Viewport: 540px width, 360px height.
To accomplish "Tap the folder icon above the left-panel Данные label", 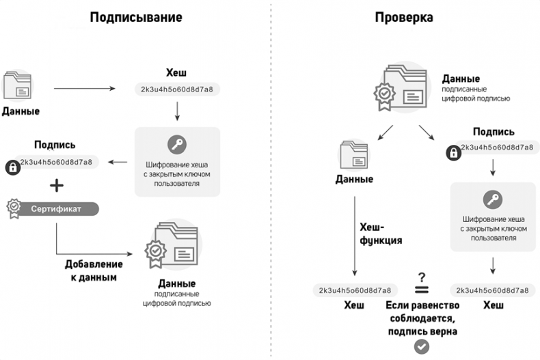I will pyautogui.click(x=18, y=86).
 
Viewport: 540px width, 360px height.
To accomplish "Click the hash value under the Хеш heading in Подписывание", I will pyautogui.click(x=180, y=89).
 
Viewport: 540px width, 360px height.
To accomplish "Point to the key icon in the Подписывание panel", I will pyautogui.click(x=177, y=144).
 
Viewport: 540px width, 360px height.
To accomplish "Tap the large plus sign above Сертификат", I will pyautogui.click(x=57, y=186).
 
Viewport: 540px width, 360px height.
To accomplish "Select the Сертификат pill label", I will pyautogui.click(x=60, y=209).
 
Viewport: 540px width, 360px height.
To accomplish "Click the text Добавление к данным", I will pyautogui.click(x=94, y=271).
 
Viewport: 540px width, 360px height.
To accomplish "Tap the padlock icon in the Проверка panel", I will pyautogui.click(x=453, y=152).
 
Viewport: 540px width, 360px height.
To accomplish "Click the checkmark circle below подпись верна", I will pyautogui.click(x=422, y=347).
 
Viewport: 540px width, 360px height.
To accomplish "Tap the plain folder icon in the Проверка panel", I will pyautogui.click(x=355, y=156).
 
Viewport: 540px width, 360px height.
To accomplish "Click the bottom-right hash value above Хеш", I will pyautogui.click(x=493, y=290).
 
